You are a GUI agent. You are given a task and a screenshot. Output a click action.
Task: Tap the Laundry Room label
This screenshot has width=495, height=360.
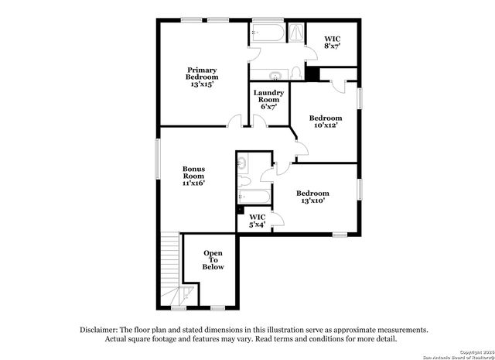click(269, 99)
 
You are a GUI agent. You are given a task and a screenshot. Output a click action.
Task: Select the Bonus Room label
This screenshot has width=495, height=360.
click(193, 176)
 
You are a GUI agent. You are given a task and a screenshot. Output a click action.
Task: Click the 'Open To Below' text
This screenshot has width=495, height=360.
click(213, 260)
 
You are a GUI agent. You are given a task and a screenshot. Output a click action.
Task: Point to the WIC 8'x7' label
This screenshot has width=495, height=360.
click(332, 42)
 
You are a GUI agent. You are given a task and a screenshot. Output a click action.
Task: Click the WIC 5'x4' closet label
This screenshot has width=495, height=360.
click(258, 221)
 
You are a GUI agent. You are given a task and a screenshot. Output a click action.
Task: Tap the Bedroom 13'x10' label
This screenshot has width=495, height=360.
click(312, 197)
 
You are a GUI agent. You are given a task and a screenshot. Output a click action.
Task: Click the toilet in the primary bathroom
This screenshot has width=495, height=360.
click(296, 73)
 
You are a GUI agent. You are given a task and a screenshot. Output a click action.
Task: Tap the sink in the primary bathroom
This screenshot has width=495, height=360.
click(275, 75)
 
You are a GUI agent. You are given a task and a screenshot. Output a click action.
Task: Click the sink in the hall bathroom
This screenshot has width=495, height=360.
click(243, 164)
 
